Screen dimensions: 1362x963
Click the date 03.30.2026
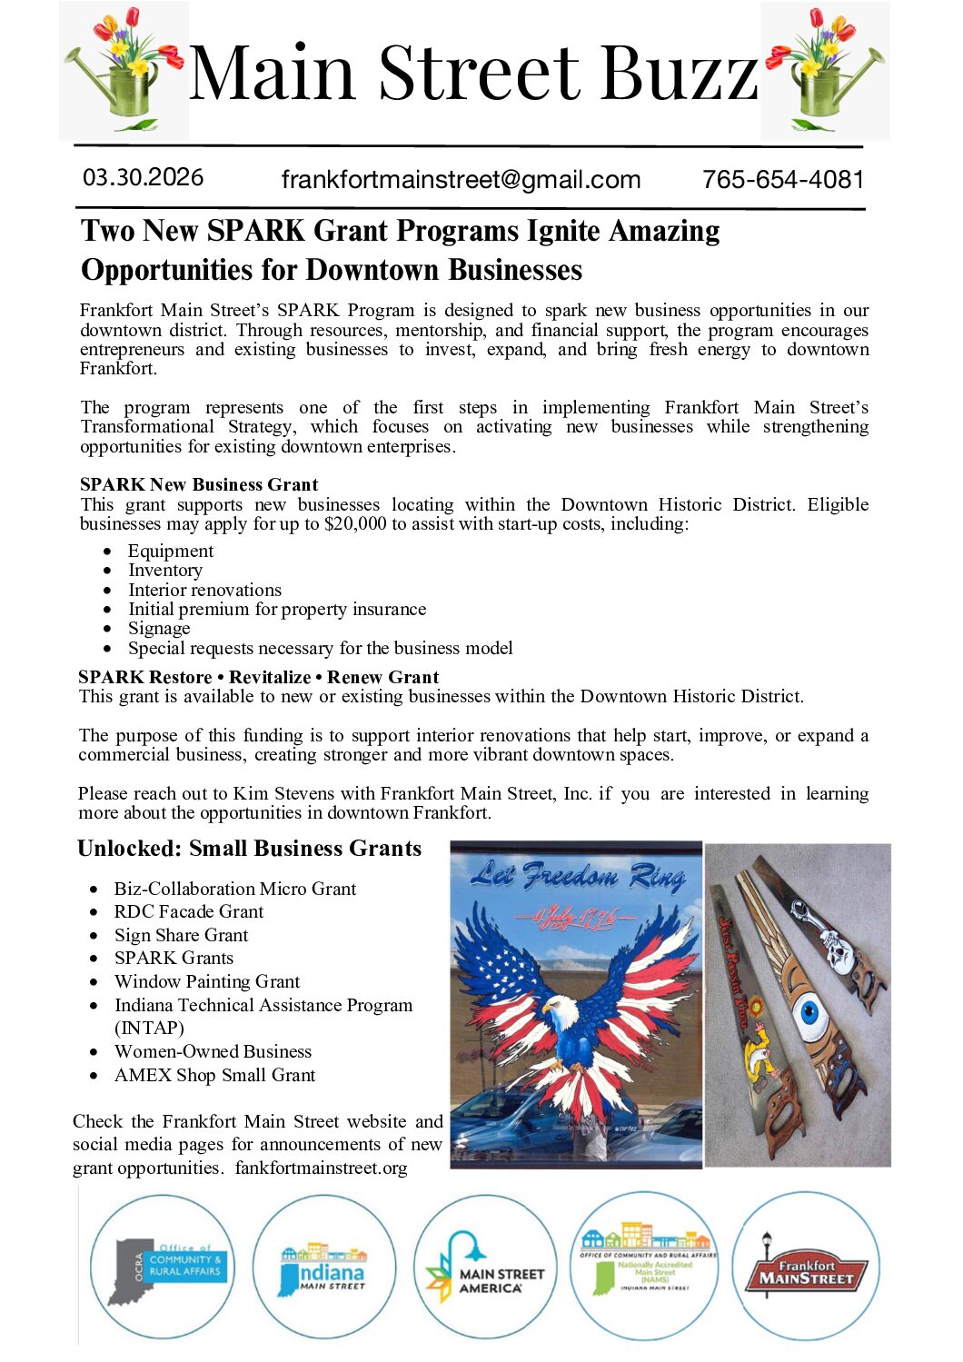click(x=143, y=177)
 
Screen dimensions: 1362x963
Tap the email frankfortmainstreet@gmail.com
click(x=461, y=180)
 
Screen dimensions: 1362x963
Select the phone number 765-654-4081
click(x=782, y=180)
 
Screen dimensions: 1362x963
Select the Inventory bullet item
click(x=165, y=571)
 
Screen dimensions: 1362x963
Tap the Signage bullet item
click(x=159, y=629)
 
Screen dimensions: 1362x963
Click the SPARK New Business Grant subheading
click(x=199, y=484)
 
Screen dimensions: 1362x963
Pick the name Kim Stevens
click(x=278, y=794)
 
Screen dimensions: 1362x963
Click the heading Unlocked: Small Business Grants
click(x=250, y=849)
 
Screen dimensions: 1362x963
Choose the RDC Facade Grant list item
click(x=189, y=912)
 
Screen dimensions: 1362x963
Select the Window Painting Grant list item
click(x=207, y=982)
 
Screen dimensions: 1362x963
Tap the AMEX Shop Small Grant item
click(x=214, y=1076)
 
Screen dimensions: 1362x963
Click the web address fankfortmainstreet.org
click(x=321, y=1168)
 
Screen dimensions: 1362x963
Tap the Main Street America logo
click(x=485, y=1269)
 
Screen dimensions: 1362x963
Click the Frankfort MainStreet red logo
click(x=806, y=1270)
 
